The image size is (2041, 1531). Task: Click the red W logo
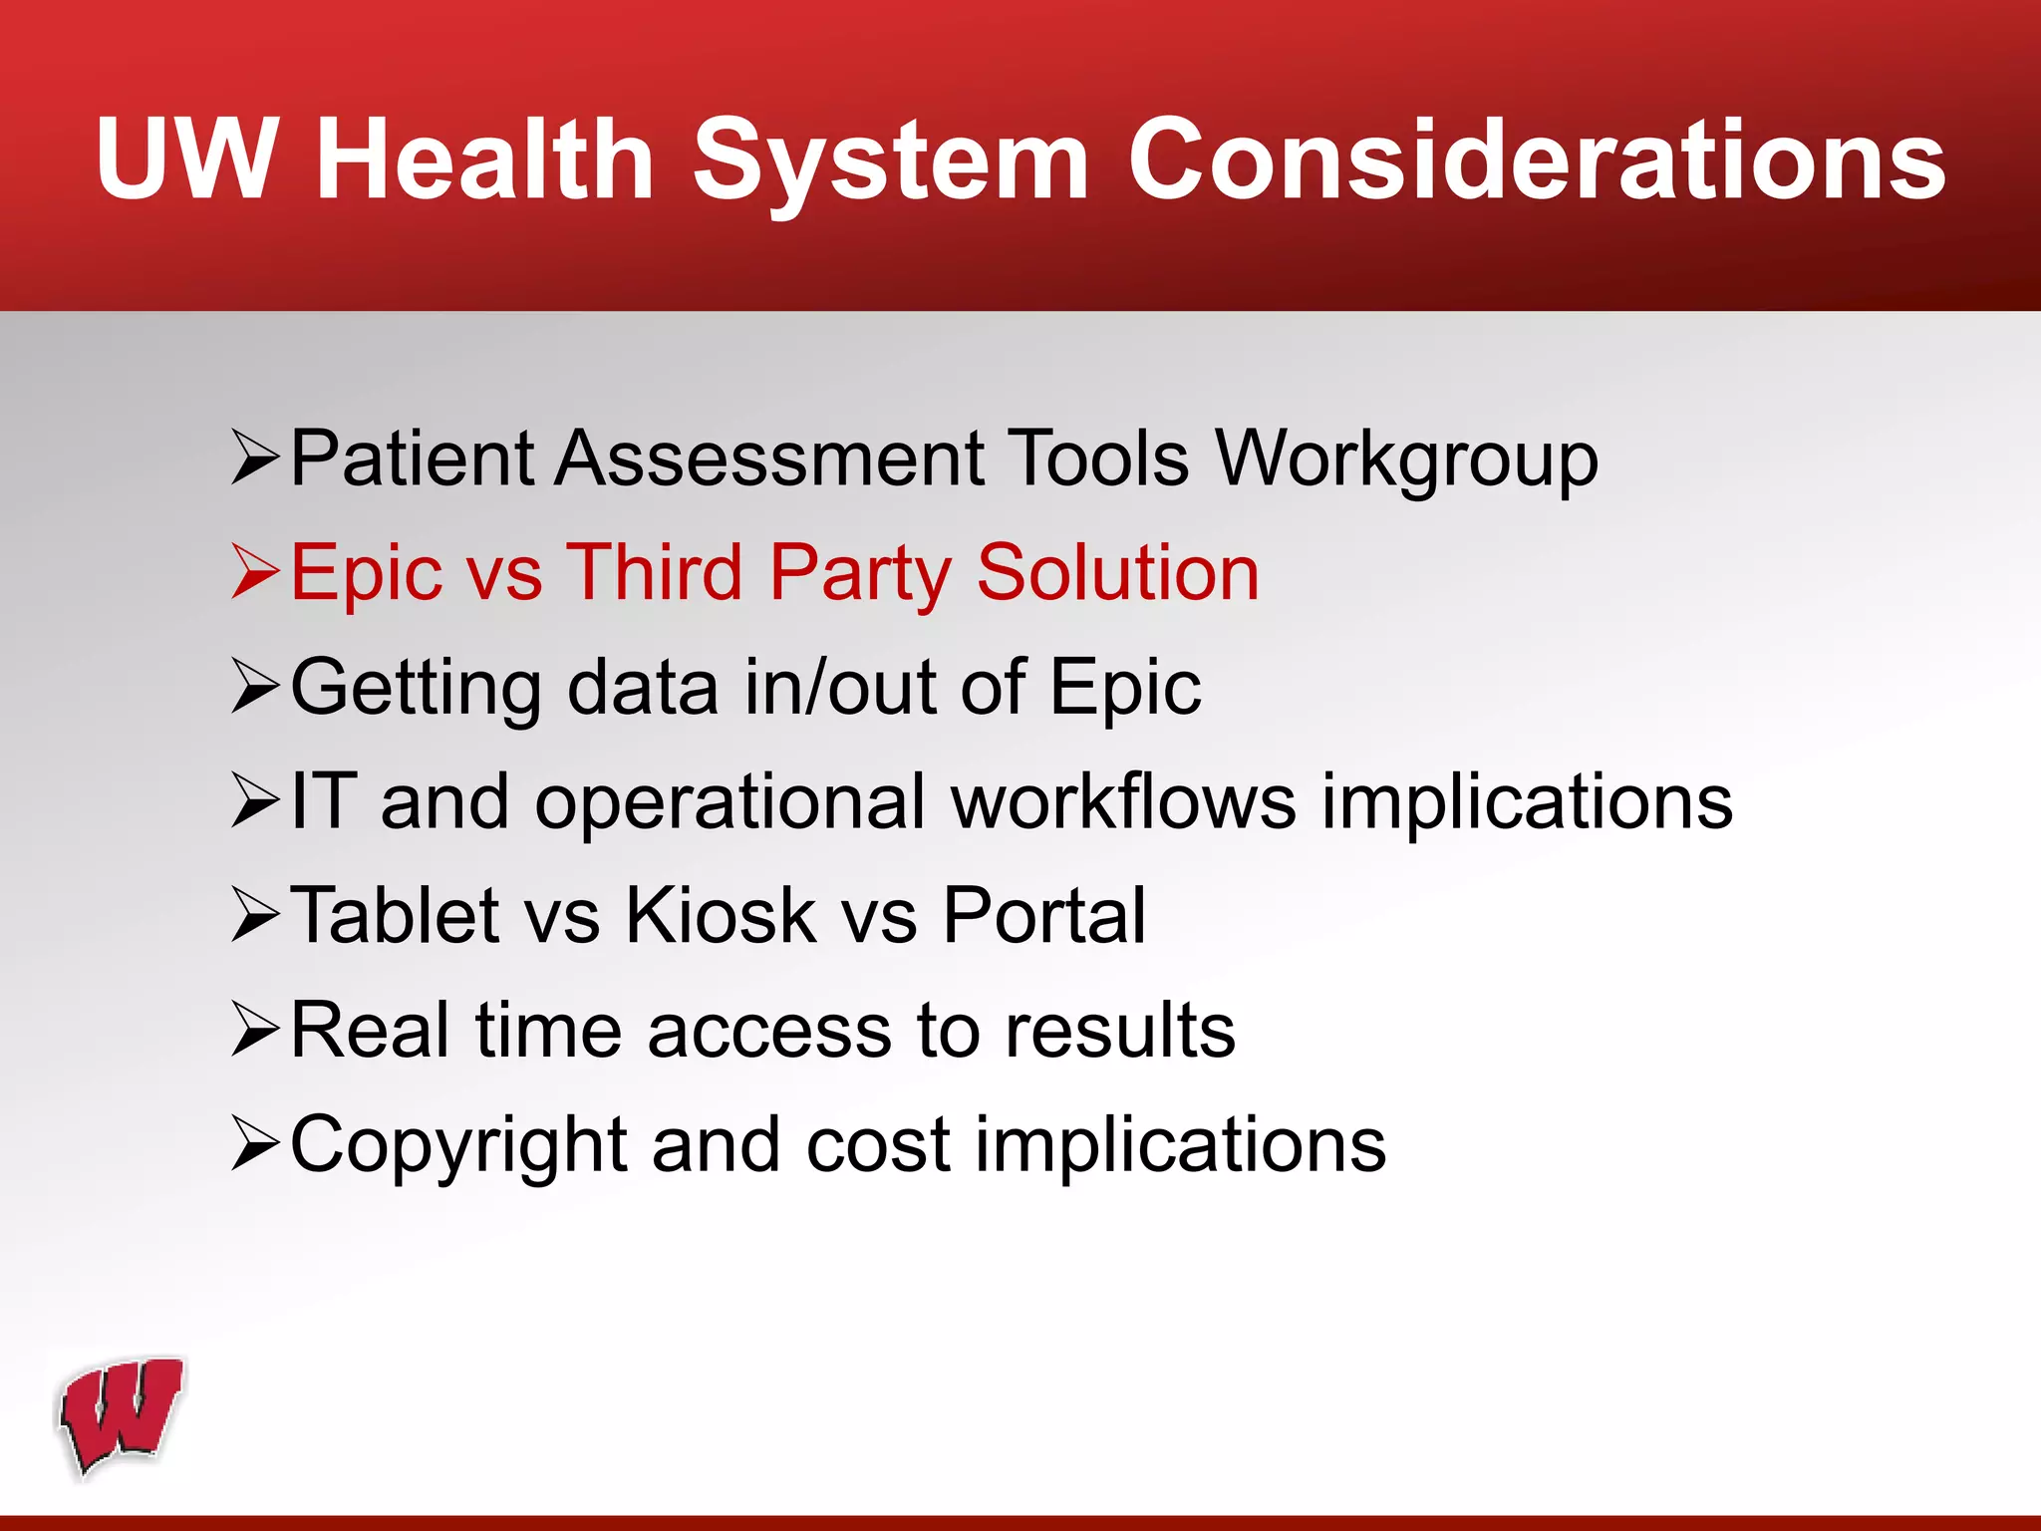coord(122,1415)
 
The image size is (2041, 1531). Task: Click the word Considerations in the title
coord(1536,159)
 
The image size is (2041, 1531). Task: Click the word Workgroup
coord(1406,460)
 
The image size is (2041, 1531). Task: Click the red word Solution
coord(1117,574)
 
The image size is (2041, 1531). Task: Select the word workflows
coord(1123,802)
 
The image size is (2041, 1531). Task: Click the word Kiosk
coord(721,916)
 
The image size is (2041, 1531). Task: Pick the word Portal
coord(1043,916)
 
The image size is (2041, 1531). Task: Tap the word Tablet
coord(395,916)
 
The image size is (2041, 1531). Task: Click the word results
coord(1120,1031)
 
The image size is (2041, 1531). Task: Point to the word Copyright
coord(458,1146)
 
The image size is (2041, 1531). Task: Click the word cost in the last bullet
coord(878,1146)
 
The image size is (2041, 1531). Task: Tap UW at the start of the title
coord(186,159)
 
